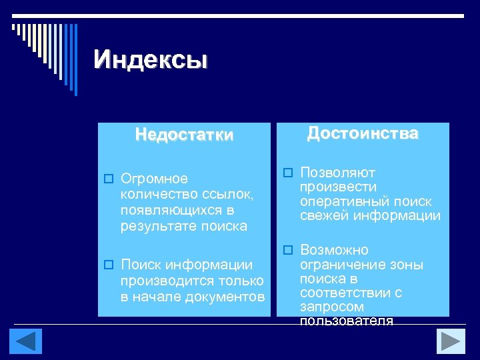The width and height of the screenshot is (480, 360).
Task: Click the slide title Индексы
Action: tap(151, 60)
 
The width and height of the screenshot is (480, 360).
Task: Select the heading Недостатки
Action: tap(185, 135)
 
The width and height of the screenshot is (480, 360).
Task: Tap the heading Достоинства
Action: tap(363, 133)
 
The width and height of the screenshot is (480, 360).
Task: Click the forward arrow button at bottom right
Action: tap(451, 341)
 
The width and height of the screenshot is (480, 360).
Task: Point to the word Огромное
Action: tap(154, 179)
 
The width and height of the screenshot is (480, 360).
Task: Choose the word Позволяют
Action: tap(338, 173)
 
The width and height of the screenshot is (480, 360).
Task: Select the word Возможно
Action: tap(334, 250)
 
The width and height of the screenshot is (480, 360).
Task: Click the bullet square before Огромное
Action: tap(107, 179)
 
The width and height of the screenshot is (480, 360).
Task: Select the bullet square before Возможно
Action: tap(287, 250)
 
